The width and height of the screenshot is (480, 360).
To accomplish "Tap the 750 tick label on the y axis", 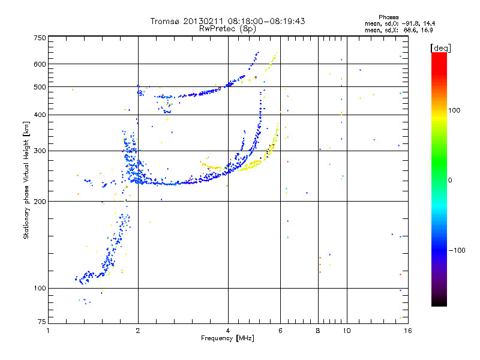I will [40, 38].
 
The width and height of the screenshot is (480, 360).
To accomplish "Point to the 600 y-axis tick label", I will [40, 64].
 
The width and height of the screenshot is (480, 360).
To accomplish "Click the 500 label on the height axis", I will [40, 87].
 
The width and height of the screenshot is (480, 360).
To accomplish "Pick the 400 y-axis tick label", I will [40, 115].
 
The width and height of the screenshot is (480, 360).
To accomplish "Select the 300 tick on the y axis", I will [40, 151].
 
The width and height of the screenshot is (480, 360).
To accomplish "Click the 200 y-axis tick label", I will [40, 201].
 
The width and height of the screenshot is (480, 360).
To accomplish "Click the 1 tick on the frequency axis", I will [48, 331].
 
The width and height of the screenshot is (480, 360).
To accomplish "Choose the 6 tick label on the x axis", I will [280, 331].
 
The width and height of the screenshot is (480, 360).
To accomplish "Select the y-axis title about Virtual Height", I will [26, 180].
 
